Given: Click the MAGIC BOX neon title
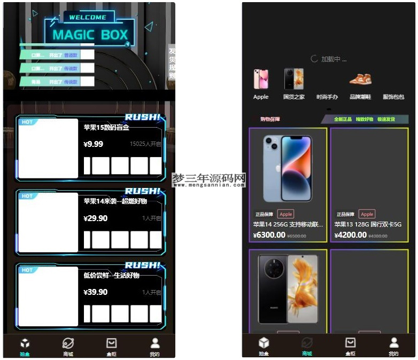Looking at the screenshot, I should pyautogui.click(x=90, y=35).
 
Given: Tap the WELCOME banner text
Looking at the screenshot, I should pyautogui.click(x=88, y=17).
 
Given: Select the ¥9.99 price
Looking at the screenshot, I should pyautogui.click(x=94, y=144).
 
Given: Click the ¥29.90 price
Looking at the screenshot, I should pyautogui.click(x=95, y=218).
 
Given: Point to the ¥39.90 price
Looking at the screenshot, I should pyautogui.click(x=95, y=292).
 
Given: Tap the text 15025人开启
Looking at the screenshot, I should pyautogui.click(x=145, y=144).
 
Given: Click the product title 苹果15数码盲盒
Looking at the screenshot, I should pyautogui.click(x=106, y=128).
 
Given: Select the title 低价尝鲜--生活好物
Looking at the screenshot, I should pyautogui.click(x=111, y=275).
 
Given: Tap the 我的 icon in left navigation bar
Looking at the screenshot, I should pyautogui.click(x=154, y=343).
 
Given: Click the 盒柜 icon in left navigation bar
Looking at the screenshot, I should pyautogui.click(x=111, y=343).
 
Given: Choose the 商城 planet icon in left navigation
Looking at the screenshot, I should pyautogui.click(x=68, y=343).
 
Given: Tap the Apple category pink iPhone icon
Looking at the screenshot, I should pyautogui.click(x=261, y=79).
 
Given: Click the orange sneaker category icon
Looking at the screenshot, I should pyautogui.click(x=360, y=80).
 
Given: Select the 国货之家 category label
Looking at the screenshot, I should pyautogui.click(x=294, y=97).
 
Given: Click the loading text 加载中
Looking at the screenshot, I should pyautogui.click(x=334, y=59).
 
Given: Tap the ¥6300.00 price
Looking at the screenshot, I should pyautogui.click(x=269, y=235).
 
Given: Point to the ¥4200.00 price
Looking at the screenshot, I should pyautogui.click(x=351, y=235).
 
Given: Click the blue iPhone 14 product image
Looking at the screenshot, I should pyautogui.click(x=288, y=168).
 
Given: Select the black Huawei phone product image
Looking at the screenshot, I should pyautogui.click(x=288, y=288).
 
